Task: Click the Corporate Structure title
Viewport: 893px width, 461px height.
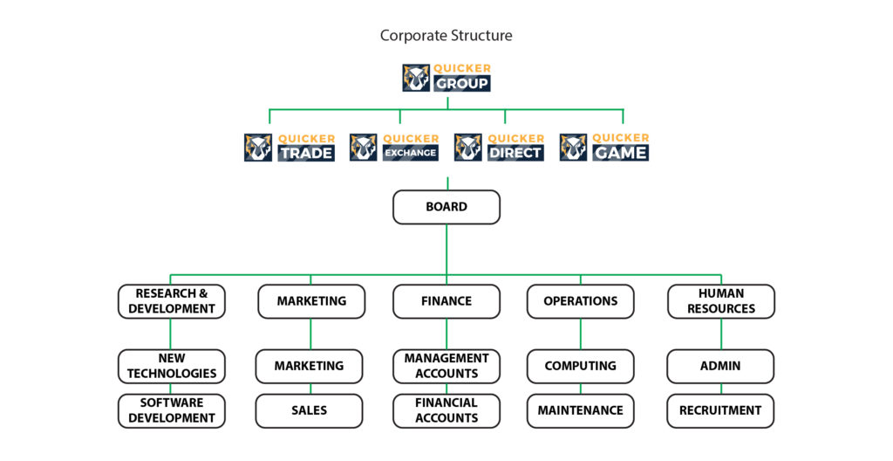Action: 446,36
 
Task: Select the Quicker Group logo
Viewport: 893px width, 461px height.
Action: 446,78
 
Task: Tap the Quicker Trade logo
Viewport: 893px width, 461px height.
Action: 290,147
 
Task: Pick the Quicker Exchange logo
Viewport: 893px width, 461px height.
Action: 394,147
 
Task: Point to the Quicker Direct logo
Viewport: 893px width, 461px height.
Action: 499,147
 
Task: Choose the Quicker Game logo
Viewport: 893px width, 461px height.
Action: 604,147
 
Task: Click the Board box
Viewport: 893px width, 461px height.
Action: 446,208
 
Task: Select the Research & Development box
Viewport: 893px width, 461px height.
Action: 172,301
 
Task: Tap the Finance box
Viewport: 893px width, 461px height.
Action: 446,301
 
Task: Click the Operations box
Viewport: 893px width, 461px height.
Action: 581,301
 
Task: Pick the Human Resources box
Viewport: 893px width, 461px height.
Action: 721,301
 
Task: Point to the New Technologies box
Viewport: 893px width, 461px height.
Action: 172,366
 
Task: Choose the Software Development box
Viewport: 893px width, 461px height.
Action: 172,410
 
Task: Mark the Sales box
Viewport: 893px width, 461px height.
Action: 310,410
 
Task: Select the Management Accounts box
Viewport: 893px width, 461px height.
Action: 446,366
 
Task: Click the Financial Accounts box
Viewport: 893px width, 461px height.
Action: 446,410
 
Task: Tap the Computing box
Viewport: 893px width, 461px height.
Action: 581,366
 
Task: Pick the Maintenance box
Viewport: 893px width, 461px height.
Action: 581,410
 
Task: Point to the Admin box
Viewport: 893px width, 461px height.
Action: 721,366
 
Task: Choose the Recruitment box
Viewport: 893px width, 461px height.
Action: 721,410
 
